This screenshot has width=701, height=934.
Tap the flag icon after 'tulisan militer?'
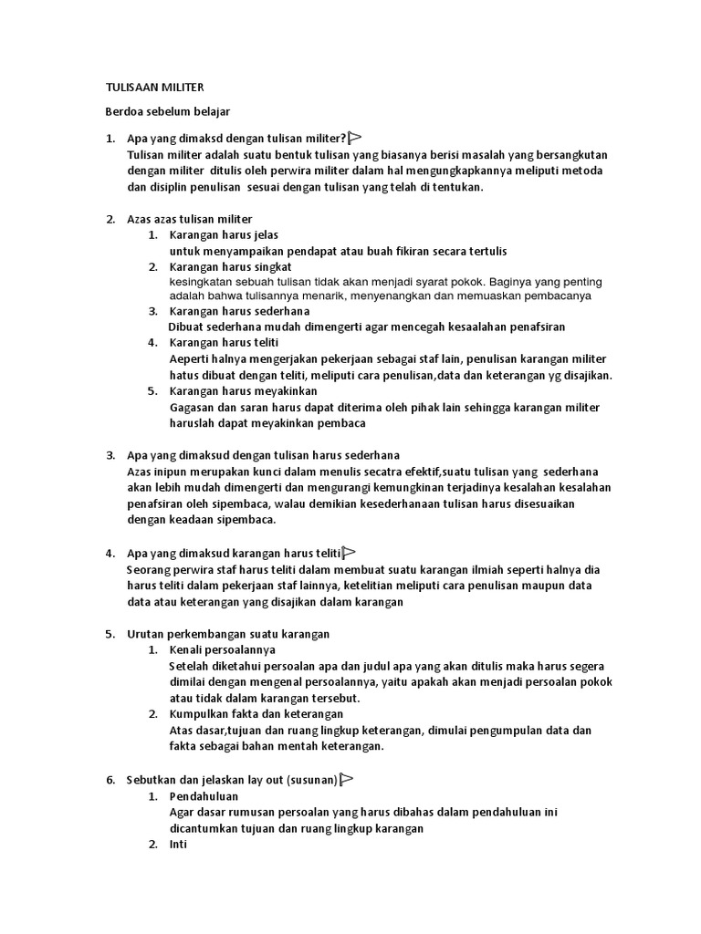pyautogui.click(x=355, y=139)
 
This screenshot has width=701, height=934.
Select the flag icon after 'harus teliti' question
pyautogui.click(x=349, y=553)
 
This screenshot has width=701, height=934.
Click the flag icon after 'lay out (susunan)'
pyautogui.click(x=346, y=779)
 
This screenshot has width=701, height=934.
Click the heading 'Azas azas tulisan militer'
pyautogui.click(x=190, y=219)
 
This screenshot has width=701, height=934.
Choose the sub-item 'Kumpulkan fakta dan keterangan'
pyautogui.click(x=256, y=713)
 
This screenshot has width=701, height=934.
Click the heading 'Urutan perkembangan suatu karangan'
pyautogui.click(x=228, y=633)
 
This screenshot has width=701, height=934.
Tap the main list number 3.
pyautogui.click(x=110, y=455)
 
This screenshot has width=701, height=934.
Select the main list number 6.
pyautogui.click(x=110, y=780)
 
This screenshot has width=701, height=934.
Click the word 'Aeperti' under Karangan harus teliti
pyautogui.click(x=189, y=359)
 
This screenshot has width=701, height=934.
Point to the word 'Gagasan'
pyautogui.click(x=192, y=408)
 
